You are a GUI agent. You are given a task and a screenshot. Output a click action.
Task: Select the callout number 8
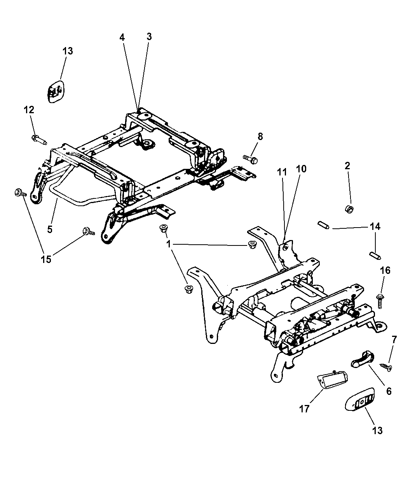(260, 136)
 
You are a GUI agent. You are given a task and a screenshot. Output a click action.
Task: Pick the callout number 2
(347, 166)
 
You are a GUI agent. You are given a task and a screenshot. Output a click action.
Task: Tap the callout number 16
(385, 270)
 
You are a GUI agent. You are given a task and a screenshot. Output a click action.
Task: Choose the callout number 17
(305, 408)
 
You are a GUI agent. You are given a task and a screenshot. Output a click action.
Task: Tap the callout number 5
(50, 229)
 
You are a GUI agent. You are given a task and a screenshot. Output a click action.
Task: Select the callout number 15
(46, 259)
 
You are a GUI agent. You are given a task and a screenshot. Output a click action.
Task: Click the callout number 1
(169, 244)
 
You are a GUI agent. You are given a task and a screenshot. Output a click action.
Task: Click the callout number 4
(122, 37)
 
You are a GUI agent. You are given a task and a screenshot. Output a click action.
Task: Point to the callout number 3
(149, 37)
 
